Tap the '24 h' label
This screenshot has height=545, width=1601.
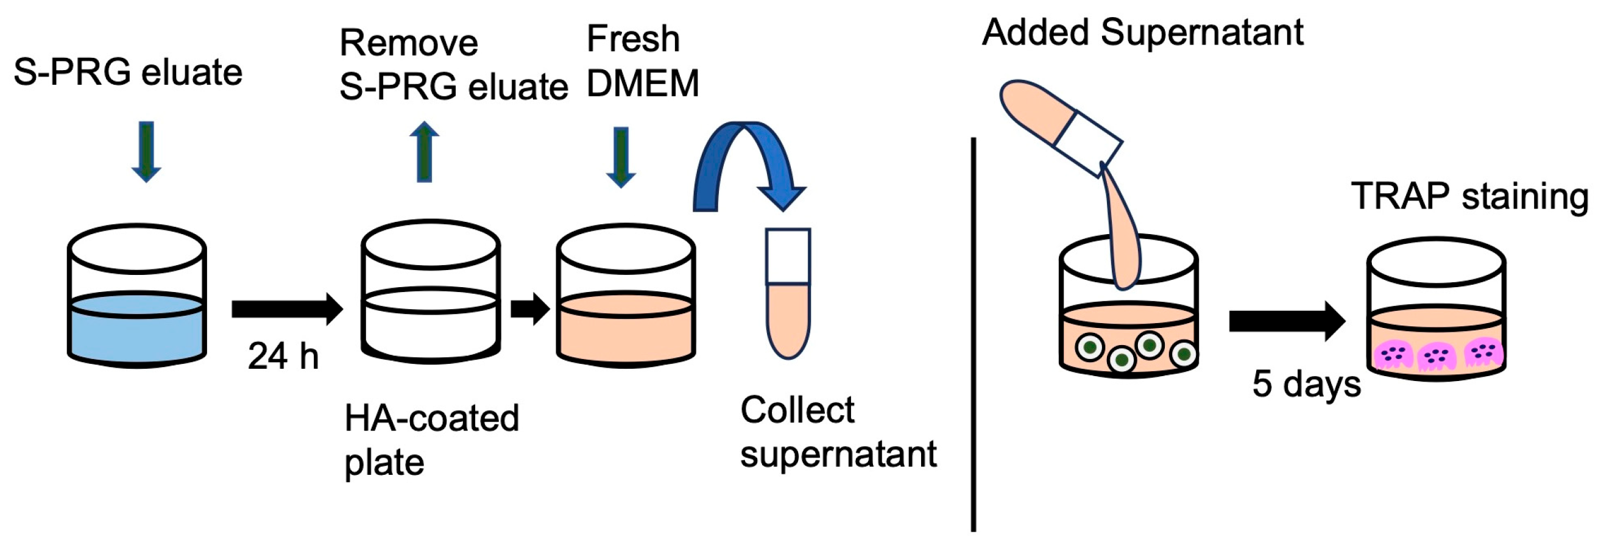pos(283,357)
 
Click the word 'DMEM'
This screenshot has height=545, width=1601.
pos(643,84)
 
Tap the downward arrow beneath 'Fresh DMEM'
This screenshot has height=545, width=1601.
pos(620,156)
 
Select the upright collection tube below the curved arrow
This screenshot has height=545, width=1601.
pos(788,293)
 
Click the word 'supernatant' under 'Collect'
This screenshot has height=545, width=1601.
pos(838,454)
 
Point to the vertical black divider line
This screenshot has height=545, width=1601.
pos(974,336)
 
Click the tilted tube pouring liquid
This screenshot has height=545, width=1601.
pos(1056,124)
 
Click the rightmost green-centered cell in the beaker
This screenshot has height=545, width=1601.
pos(1182,354)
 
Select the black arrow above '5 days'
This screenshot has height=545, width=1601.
pos(1287,321)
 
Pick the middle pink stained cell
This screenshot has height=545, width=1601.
pos(1437,357)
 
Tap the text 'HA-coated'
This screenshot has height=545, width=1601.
pos(431,418)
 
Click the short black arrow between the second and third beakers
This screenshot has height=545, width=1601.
pos(529,308)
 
